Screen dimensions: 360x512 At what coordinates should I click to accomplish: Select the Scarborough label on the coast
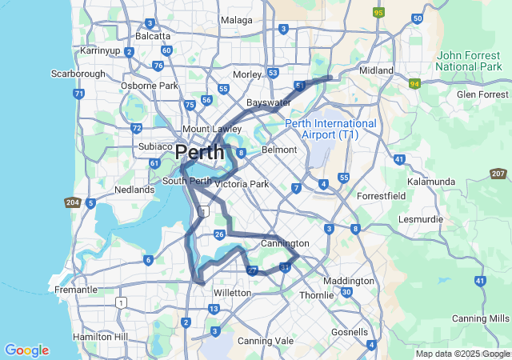[78, 73]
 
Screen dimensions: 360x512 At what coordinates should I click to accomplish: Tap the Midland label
[376, 70]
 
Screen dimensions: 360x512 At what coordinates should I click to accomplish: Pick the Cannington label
[285, 243]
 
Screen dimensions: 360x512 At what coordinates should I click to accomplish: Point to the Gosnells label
[349, 332]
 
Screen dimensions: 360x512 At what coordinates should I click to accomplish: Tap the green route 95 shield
[378, 13]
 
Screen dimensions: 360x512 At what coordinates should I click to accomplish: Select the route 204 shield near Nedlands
[73, 203]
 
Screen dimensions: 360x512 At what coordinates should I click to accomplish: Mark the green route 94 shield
[414, 83]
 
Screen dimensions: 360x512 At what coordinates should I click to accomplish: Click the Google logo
[26, 350]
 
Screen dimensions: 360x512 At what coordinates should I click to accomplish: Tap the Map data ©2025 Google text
[462, 354]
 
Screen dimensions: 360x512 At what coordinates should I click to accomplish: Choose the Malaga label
[236, 19]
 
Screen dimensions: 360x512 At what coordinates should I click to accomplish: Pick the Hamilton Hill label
[100, 338]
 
